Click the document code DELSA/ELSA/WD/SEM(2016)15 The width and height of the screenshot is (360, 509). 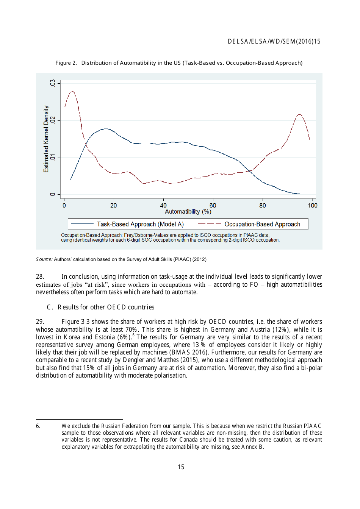274,41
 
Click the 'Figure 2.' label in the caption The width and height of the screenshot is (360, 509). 66,63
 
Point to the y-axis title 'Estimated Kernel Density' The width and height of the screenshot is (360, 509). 46,139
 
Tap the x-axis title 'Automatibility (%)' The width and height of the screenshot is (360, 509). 188,212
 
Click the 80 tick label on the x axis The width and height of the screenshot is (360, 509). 263,205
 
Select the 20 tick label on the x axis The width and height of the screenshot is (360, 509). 114,205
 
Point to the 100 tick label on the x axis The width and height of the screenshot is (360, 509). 312,205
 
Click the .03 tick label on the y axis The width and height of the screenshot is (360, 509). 53,83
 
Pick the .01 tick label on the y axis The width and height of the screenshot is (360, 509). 53,157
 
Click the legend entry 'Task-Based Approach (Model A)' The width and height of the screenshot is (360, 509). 140,224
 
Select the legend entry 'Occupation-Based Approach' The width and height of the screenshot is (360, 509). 262,224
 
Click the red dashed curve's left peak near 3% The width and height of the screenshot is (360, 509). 72,91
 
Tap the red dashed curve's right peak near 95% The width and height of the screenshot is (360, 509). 299,114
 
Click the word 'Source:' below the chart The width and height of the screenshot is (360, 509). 44,259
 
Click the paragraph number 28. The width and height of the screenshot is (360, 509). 40,276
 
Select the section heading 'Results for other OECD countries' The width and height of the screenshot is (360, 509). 106,307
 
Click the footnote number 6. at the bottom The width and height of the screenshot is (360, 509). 38,426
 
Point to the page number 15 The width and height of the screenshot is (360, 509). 181,467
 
